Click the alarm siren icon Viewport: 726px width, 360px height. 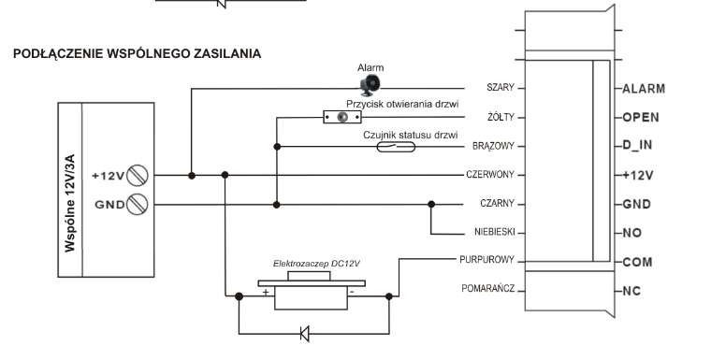click(370, 85)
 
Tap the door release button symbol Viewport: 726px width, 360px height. click(342, 117)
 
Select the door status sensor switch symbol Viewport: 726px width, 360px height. click(396, 147)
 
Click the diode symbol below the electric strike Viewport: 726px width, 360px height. click(305, 333)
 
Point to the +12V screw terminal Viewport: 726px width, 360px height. click(138, 176)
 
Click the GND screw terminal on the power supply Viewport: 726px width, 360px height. click(138, 204)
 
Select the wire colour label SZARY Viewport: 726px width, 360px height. click(500, 88)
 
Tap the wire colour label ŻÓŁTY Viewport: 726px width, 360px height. click(501, 117)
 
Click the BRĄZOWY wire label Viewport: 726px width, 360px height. click(494, 146)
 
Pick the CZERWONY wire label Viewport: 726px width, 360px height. click(490, 175)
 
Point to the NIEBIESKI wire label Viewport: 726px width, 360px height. click(495, 232)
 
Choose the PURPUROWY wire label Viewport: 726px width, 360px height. click(487, 260)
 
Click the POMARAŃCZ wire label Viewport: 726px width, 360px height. click(488, 289)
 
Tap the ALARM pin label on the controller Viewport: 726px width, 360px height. click(644, 89)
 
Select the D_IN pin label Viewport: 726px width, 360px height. click(637, 146)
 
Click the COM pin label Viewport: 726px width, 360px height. click(637, 263)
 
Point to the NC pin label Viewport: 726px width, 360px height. click(632, 291)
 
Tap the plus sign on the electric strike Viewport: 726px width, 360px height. click(266, 292)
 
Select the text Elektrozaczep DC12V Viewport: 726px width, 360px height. click(317, 264)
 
